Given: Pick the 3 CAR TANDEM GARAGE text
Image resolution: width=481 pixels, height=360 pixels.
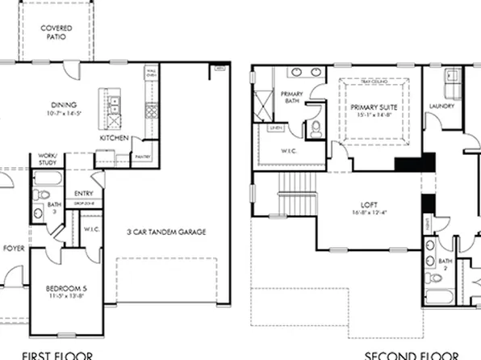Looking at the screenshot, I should click(x=165, y=232).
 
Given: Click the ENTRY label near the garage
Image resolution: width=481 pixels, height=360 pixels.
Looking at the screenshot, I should click(x=83, y=194).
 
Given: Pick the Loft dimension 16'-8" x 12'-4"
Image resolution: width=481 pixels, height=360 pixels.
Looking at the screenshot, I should click(x=370, y=213).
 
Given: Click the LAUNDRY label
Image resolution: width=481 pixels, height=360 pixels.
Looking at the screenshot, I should click(x=442, y=106).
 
